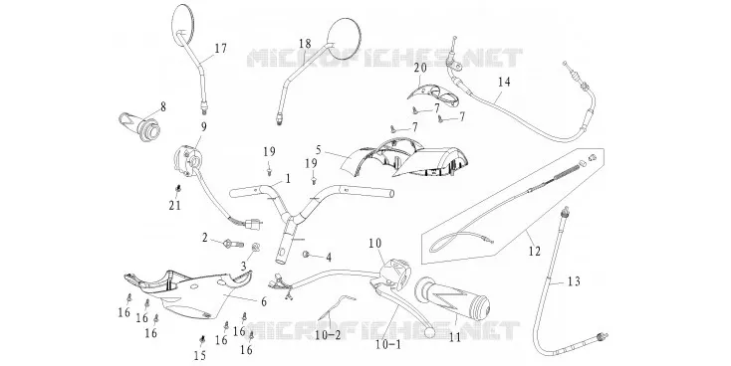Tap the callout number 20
tap(420, 68)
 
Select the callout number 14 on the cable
tap(504, 83)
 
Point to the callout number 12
tap(535, 252)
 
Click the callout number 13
tap(575, 281)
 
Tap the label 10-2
tap(328, 334)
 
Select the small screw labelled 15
tap(202, 339)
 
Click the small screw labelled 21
tap(177, 189)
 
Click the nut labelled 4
tap(308, 254)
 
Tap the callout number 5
tap(319, 150)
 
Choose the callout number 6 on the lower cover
tap(264, 301)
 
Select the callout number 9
tap(204, 126)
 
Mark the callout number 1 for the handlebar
tap(288, 178)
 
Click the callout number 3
tap(243, 266)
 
